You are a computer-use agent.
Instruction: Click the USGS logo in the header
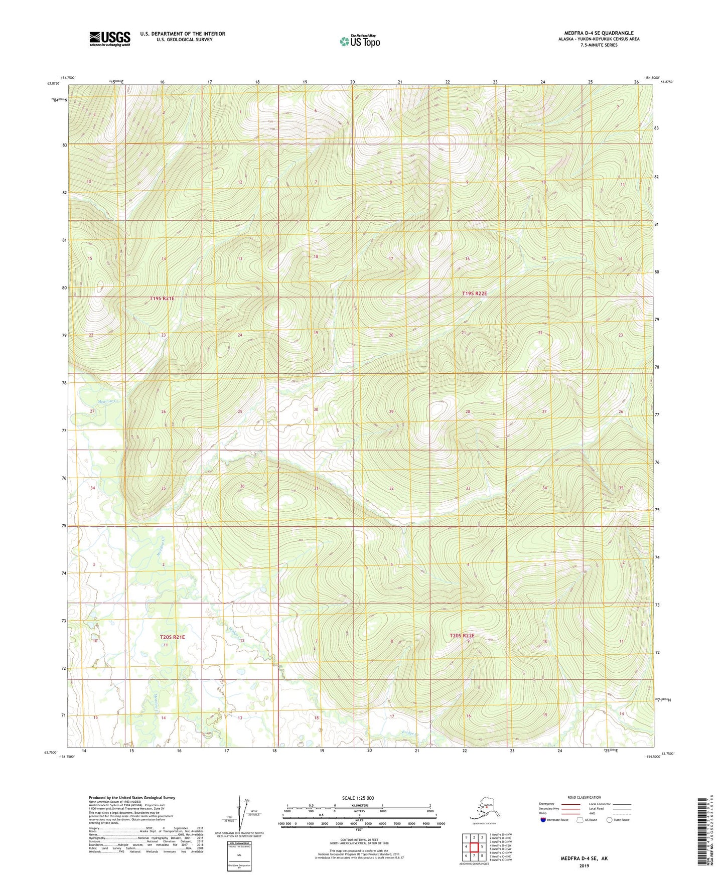click(109, 39)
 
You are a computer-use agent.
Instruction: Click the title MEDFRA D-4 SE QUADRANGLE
click(599, 33)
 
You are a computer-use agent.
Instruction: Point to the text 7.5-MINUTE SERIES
click(599, 45)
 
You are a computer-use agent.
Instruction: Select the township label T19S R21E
click(162, 299)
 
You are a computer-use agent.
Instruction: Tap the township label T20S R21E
click(172, 637)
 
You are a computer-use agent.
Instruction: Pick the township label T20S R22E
click(462, 636)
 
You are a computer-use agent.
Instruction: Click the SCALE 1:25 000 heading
click(358, 798)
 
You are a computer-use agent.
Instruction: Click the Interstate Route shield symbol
click(543, 820)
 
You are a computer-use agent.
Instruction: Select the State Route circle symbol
click(610, 820)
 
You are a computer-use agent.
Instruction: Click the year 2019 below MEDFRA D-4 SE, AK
click(584, 865)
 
